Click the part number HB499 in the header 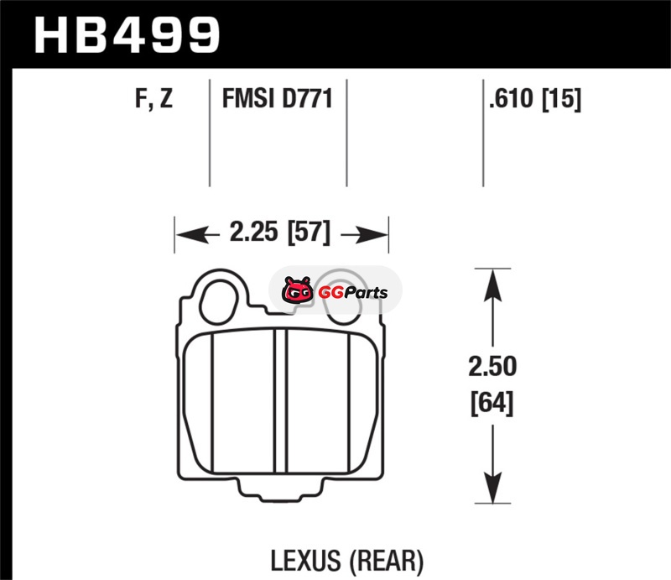click(x=127, y=35)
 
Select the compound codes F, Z click(x=153, y=98)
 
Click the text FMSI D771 click(x=278, y=98)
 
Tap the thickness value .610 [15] click(x=535, y=99)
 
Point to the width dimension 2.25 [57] click(x=280, y=233)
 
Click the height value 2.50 click(x=492, y=366)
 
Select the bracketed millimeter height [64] click(x=492, y=403)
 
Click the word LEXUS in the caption click(x=305, y=561)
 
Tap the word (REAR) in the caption click(x=387, y=561)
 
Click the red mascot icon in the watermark click(x=297, y=290)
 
